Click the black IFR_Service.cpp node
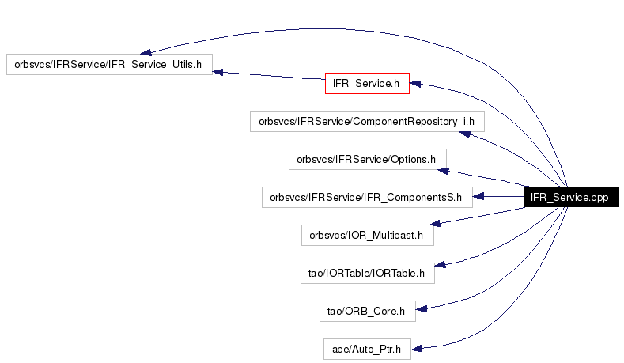point(571,198)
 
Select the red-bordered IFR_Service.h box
point(367,83)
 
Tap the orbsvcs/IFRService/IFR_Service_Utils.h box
point(109,65)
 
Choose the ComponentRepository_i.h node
point(367,122)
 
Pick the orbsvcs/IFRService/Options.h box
point(367,159)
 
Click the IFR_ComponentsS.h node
point(367,198)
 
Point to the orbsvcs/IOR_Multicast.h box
point(367,235)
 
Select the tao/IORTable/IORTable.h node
point(367,273)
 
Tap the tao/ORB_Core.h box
point(367,312)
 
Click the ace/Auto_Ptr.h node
point(367,349)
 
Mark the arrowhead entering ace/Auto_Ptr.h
point(416,349)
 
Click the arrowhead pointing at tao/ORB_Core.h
point(422,309)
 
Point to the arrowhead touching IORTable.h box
point(441,264)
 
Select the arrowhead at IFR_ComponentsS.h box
point(478,196)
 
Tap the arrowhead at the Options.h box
point(444,171)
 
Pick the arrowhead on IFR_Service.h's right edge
point(415,84)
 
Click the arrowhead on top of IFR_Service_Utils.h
point(146,52)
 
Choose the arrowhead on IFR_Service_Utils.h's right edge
point(218,72)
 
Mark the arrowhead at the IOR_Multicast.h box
point(435,223)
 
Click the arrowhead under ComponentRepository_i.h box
point(465,134)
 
